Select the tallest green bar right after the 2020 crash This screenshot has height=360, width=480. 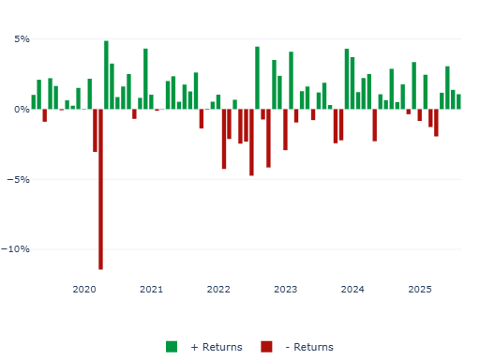[106, 75]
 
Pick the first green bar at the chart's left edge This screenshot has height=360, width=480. [34, 102]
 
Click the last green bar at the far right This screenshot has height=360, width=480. [458, 101]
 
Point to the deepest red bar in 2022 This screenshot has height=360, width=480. [251, 142]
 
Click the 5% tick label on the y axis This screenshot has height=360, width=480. [21, 39]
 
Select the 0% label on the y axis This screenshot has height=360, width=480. [21, 110]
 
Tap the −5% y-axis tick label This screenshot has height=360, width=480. [19, 179]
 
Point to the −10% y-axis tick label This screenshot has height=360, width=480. [17, 249]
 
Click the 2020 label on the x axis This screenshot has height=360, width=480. [84, 290]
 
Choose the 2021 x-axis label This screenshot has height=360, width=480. [151, 290]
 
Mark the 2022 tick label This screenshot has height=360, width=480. [218, 290]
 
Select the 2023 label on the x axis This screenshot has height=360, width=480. [285, 290]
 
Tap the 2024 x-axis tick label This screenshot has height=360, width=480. [352, 290]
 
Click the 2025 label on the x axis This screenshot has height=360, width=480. [420, 290]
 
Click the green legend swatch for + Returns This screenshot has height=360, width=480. [172, 347]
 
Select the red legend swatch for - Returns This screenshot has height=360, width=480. [266, 347]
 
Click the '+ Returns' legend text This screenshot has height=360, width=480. [216, 347]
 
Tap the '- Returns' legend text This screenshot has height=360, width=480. [308, 347]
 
